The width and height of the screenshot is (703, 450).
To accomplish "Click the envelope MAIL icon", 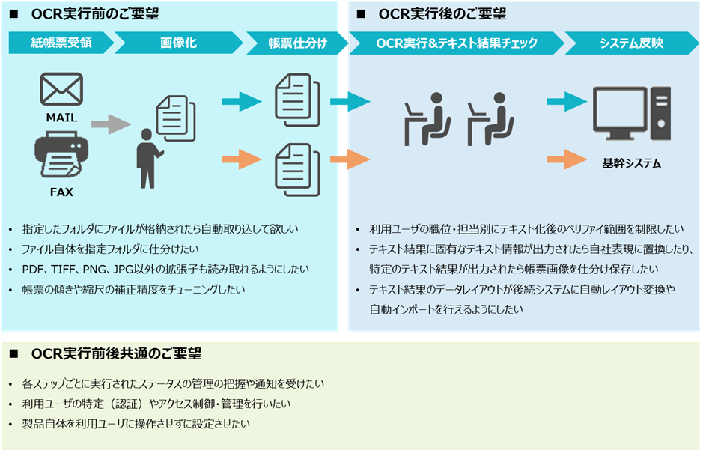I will [x=61, y=90].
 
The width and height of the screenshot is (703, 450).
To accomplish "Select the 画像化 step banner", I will [x=178, y=43].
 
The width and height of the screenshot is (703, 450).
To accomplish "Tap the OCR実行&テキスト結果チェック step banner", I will [x=456, y=43].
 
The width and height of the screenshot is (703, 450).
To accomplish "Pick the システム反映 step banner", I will [x=631, y=43].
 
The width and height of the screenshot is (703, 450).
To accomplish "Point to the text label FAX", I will [x=61, y=192].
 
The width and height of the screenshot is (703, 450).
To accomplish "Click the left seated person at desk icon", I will [x=424, y=120].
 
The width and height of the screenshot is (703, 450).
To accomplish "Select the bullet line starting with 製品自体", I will [x=136, y=423].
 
